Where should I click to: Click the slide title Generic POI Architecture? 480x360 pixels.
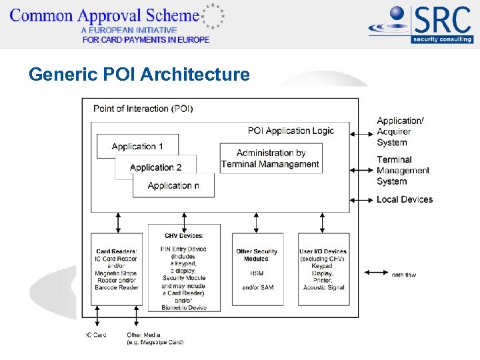click(139, 74)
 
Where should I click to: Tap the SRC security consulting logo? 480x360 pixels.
click(421, 25)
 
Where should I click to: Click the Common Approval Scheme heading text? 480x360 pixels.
click(105, 16)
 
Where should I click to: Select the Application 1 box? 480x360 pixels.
click(137, 146)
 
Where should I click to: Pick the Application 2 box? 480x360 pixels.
click(155, 167)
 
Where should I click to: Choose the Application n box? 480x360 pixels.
click(173, 185)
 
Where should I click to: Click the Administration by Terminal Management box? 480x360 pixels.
click(270, 159)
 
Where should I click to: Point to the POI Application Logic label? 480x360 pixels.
click(291, 131)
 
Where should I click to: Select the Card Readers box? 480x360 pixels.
click(117, 269)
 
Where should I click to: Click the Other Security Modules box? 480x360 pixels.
click(257, 269)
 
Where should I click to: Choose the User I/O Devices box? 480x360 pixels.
click(323, 269)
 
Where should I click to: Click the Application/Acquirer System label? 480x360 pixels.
click(400, 131)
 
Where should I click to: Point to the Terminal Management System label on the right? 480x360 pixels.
click(403, 170)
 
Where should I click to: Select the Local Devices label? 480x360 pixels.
click(404, 199)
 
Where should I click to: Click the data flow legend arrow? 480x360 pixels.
click(376, 273)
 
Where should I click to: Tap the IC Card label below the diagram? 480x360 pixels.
click(96, 335)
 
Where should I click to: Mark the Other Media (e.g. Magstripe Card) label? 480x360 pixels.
click(155, 338)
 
